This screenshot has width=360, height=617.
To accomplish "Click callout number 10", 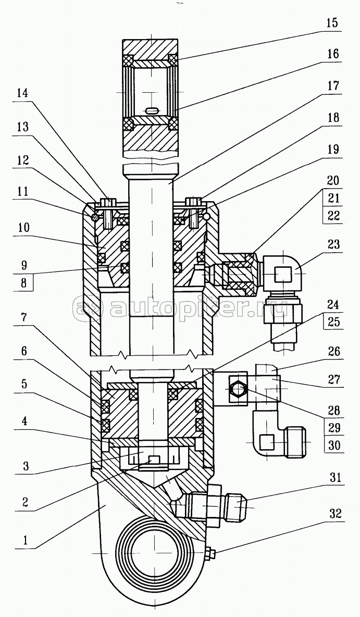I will [22, 228].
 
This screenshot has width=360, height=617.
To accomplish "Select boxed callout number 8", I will [22, 284].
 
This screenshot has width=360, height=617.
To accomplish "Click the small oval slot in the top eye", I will [152, 110].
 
